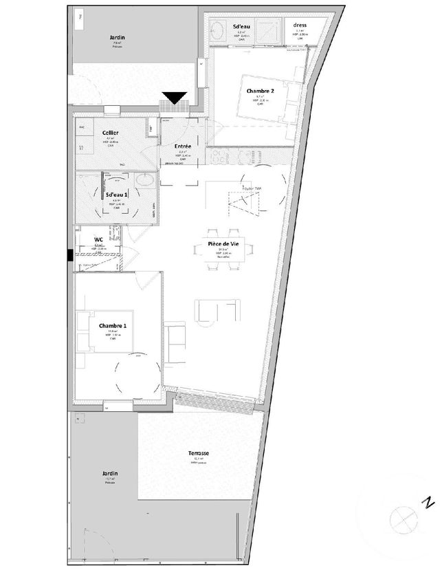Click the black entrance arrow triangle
coord(176,98)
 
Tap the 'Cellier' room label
coord(110,132)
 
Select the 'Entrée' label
coord(183,146)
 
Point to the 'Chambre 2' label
coord(261,91)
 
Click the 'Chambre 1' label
coord(113,325)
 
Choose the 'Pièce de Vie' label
coord(224,245)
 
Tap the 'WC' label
coord(99,240)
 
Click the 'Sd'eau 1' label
coord(116,195)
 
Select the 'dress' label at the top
coord(299,25)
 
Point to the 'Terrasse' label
coord(198,454)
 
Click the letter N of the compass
coord(428,502)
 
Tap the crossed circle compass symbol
coord(401,517)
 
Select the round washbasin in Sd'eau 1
coord(145,182)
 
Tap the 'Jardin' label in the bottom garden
coord(109,474)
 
